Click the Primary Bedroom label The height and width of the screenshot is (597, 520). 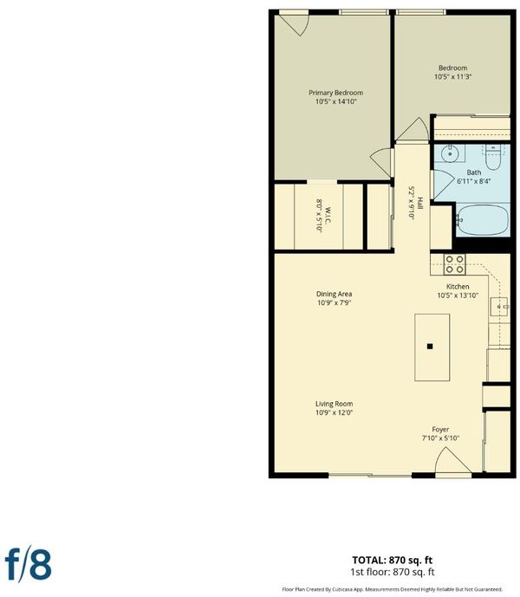point(335,93)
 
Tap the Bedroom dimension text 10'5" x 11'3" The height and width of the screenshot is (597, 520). point(453,76)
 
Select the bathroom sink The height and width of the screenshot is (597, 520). point(450,153)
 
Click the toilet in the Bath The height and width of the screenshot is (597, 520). point(493,158)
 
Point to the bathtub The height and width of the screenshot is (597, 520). point(483,220)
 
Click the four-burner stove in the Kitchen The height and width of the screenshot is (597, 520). point(455,264)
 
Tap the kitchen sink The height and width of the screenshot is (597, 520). point(498,307)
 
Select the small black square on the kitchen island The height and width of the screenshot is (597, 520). point(430,346)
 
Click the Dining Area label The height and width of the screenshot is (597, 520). point(334,294)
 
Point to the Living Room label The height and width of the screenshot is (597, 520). point(334,404)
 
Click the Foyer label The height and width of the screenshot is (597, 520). point(440,429)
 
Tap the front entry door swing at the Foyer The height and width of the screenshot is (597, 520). point(452,462)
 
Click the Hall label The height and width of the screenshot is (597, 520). point(419,203)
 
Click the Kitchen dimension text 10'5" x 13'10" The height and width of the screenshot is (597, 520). point(458,295)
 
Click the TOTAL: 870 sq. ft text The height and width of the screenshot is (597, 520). point(393,560)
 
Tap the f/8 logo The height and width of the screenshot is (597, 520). point(29,565)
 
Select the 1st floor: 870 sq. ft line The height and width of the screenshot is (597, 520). point(393,572)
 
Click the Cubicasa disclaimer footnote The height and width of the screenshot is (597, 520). point(392,589)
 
